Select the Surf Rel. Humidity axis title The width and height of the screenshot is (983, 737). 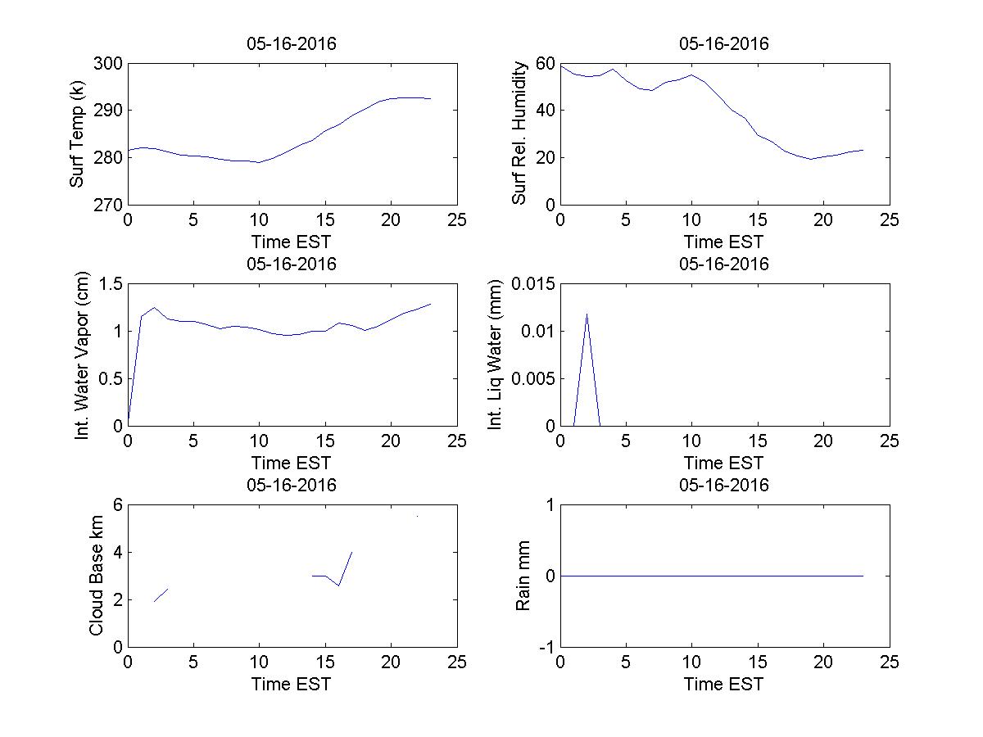(x=519, y=133)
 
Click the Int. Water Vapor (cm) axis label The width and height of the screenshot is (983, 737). (x=82, y=355)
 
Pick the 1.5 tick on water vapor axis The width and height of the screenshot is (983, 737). (x=110, y=284)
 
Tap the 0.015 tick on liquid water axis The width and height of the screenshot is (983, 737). (x=532, y=284)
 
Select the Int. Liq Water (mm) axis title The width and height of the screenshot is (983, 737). (x=495, y=355)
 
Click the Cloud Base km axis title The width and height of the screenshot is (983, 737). (x=96, y=576)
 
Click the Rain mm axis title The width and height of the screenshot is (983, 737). (x=523, y=576)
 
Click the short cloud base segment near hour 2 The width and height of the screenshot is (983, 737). (x=161, y=595)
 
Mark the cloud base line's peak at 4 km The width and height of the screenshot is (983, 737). (x=351, y=552)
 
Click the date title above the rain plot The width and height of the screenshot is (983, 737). (x=724, y=485)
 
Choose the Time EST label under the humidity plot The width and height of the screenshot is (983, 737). (x=724, y=242)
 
